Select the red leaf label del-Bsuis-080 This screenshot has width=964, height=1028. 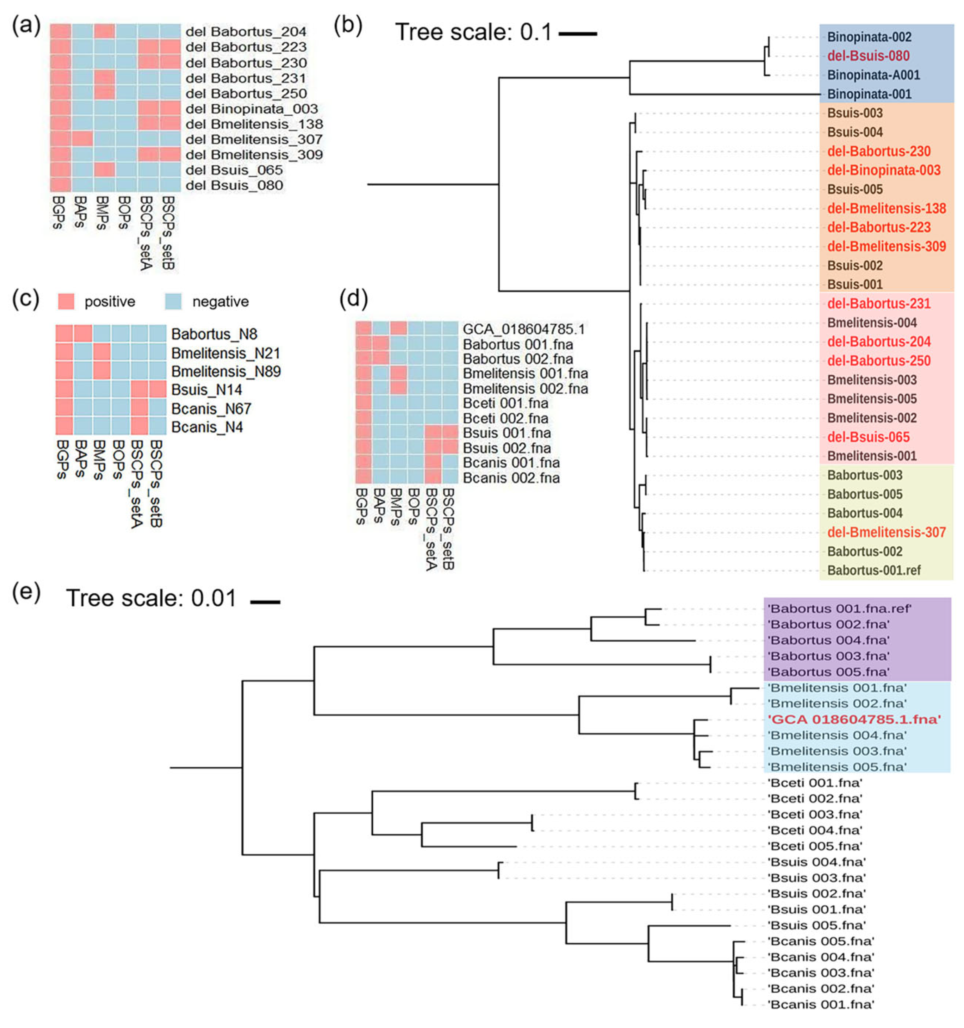(868, 56)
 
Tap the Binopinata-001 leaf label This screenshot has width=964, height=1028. (869, 94)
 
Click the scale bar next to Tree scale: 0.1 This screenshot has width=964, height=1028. (578, 34)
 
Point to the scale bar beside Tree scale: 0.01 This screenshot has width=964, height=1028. (265, 601)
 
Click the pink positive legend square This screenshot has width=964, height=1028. (66, 301)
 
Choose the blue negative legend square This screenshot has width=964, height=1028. (173, 301)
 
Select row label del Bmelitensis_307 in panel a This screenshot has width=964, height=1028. (254, 140)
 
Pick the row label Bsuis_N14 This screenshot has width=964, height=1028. (207, 390)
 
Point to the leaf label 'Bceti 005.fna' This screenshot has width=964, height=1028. (815, 846)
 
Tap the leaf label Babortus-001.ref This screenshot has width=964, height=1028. (874, 571)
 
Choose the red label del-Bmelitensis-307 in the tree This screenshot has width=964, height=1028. (887, 532)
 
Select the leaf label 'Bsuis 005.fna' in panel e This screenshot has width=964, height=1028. (817, 925)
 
